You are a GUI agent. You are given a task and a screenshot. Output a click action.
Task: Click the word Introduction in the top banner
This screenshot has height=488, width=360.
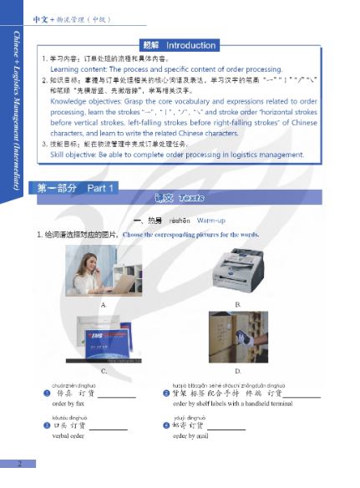(x=191, y=45)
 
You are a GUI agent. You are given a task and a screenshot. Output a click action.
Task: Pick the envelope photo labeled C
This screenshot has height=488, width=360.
(x=104, y=338)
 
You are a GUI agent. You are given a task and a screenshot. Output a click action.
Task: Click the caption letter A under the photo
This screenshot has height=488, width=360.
(x=104, y=305)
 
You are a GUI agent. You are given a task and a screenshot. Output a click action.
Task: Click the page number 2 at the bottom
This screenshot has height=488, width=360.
(x=20, y=464)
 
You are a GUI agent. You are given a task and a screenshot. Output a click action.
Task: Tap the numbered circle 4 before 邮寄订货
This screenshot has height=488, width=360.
(x=165, y=425)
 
